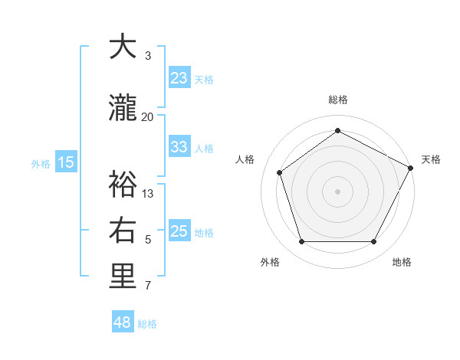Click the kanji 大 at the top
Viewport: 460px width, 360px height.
click(123, 47)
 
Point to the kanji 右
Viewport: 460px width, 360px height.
click(123, 231)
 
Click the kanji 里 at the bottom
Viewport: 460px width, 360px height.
click(123, 277)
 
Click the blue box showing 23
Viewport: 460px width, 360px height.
click(179, 78)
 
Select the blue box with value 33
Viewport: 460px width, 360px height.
click(179, 147)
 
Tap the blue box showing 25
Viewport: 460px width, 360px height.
click(179, 231)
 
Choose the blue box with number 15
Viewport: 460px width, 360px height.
click(66, 162)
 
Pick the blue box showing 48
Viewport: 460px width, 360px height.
click(123, 322)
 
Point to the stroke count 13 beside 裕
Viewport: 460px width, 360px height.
click(148, 193)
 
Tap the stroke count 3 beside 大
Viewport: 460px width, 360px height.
click(148, 56)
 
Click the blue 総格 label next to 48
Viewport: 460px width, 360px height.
click(147, 324)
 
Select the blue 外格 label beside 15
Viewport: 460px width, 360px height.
click(41, 163)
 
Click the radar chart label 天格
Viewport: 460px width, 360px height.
click(431, 159)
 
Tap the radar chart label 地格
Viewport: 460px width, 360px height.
click(402, 262)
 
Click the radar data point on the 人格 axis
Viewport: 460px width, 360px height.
click(280, 172)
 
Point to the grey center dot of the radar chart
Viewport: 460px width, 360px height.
click(337, 191)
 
